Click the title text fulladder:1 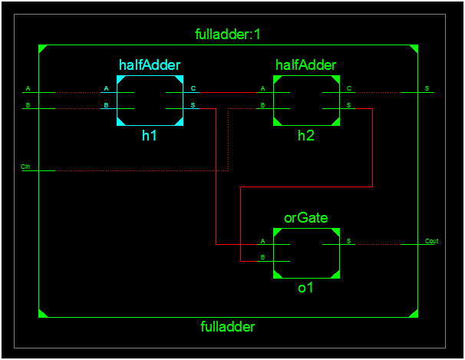pos(229,35)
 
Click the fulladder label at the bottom pos(227,326)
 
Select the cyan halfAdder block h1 pos(150,101)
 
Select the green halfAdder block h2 pos(306,101)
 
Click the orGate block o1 pos(306,253)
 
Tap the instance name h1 pos(150,135)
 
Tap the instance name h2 pos(306,135)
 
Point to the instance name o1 pos(306,288)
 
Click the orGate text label pos(306,218)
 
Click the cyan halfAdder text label pos(150,64)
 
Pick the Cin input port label pos(25,166)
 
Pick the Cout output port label pos(431,241)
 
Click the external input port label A pos(28,88)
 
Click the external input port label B pos(28,104)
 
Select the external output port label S pos(427,88)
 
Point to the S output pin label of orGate pos(349,241)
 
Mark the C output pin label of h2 pos(349,88)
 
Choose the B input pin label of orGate pos(263,256)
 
